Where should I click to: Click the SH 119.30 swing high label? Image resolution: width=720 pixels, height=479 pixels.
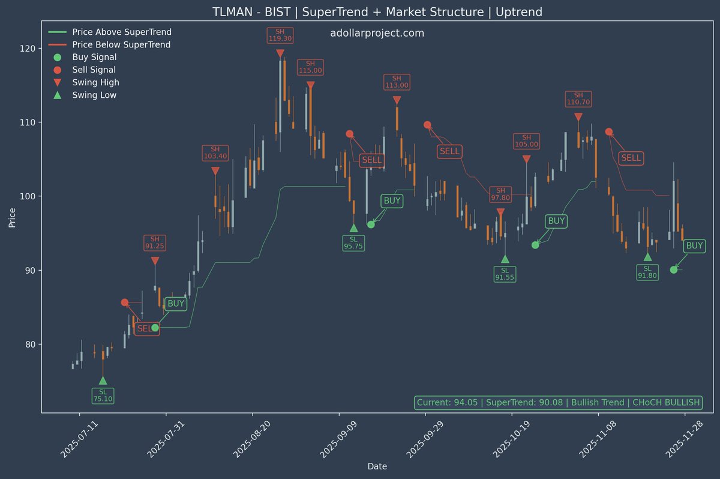[280, 35]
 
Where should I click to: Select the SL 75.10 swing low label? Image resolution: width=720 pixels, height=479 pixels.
[103, 396]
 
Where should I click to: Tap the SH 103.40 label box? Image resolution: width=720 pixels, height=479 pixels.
[215, 152]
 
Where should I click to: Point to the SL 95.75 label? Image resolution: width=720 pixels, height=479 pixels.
[353, 243]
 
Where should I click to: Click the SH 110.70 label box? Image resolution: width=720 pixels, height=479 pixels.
[578, 98]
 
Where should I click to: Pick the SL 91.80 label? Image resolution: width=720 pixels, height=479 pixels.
[647, 272]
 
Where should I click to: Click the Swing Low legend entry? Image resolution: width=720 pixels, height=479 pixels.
[94, 95]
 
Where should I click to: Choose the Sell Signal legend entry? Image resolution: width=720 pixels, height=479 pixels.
[94, 70]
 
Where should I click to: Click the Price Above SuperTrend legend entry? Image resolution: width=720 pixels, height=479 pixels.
[121, 32]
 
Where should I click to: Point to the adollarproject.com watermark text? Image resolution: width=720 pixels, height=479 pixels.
[377, 33]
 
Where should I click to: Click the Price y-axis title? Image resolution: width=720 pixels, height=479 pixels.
[12, 217]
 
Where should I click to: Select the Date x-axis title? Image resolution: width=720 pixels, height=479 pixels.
[377, 466]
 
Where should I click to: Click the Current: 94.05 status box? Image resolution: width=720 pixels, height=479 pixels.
[558, 403]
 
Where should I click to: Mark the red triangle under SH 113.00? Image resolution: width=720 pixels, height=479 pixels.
[397, 100]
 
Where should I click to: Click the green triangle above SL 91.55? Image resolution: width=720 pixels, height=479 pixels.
[505, 259]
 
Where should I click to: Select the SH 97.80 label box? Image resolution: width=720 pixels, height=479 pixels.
[500, 194]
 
